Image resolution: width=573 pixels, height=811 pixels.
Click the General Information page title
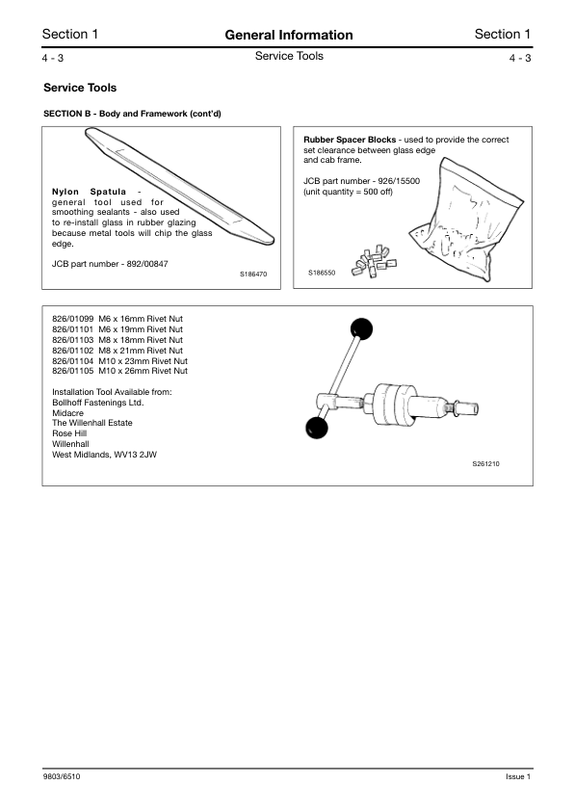[x=288, y=35]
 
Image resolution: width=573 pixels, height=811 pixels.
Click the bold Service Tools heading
[x=80, y=88]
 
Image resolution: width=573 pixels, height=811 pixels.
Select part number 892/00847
[x=142, y=264]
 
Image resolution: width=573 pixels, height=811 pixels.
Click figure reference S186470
[x=252, y=275]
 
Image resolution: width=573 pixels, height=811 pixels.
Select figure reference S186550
[x=322, y=274]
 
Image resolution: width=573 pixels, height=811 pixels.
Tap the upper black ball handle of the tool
[x=362, y=329]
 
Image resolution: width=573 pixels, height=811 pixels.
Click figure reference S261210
[x=485, y=463]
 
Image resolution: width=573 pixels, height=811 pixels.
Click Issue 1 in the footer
[x=517, y=777]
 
